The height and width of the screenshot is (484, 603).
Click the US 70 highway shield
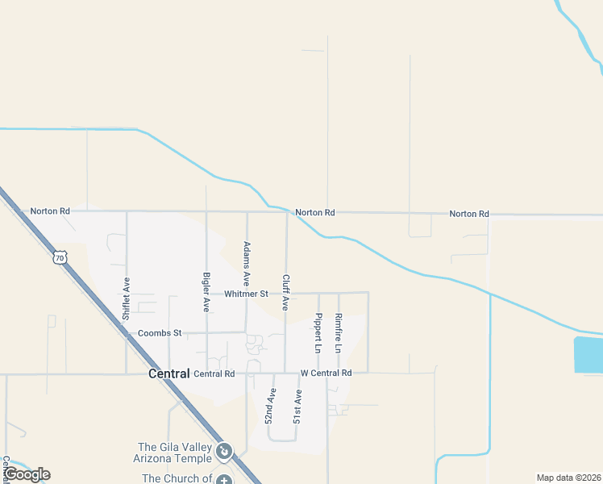[x=59, y=257]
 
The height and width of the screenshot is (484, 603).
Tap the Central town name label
[x=168, y=373]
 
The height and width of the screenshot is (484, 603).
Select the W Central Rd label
[x=326, y=373]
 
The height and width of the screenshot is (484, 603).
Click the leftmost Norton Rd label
[x=50, y=211]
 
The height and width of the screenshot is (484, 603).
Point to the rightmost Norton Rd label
[x=469, y=214]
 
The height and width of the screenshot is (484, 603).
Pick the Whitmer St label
[x=246, y=294]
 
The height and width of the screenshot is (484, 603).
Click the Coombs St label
[x=160, y=332]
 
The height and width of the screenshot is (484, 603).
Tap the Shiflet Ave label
[x=126, y=300]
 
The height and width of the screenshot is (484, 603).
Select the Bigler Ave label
[x=206, y=292]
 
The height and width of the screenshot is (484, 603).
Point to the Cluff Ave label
[x=285, y=293]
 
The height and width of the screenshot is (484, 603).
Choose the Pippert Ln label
[x=318, y=333]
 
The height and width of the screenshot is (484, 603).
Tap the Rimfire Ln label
[x=339, y=333]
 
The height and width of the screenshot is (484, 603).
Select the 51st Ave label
[x=297, y=407]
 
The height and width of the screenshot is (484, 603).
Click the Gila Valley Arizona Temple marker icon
[x=225, y=451]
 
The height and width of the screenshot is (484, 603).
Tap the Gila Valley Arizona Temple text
[x=175, y=453]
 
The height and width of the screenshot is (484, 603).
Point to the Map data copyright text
[x=568, y=478]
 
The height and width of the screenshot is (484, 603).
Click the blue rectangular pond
[x=588, y=355]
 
